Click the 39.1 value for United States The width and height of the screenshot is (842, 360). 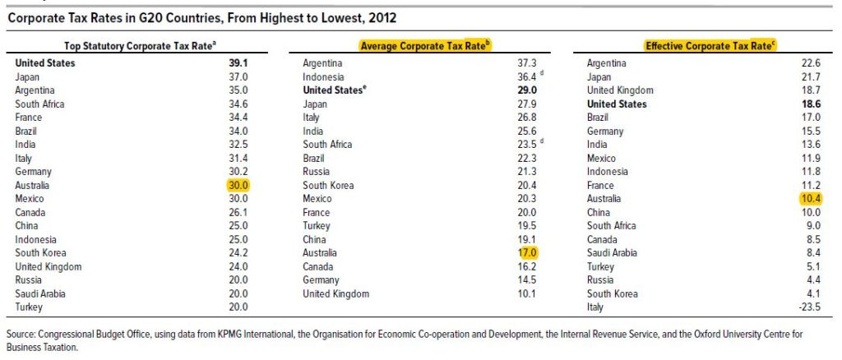(238, 63)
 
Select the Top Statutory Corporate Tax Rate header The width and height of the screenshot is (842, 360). (140, 45)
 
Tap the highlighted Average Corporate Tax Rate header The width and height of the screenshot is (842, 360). (424, 45)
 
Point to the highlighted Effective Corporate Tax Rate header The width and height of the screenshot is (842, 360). (710, 45)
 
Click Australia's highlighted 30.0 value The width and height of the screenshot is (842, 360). (238, 186)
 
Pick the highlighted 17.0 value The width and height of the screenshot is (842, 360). (527, 253)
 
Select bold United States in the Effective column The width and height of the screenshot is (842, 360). (617, 104)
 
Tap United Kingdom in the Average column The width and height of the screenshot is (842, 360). (335, 294)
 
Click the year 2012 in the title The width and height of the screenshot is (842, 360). (386, 16)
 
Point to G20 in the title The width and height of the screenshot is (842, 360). (183, 16)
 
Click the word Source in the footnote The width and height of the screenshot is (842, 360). (21, 335)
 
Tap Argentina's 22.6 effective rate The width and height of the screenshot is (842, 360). (812, 63)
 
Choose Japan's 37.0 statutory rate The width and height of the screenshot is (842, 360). (238, 77)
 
